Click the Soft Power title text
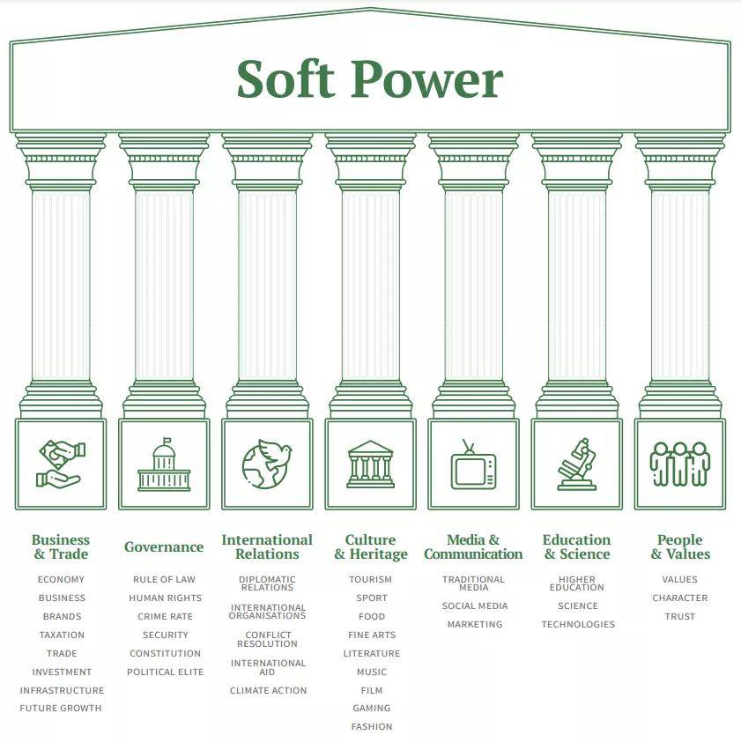(x=369, y=78)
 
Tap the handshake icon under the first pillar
(x=61, y=464)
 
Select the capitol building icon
(x=164, y=464)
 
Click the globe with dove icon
(x=267, y=464)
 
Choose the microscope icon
(x=576, y=464)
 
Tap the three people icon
(x=680, y=464)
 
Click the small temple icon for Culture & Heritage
(x=370, y=464)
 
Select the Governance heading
(x=164, y=546)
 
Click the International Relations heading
(x=267, y=546)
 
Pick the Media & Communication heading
(x=473, y=546)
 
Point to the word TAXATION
(x=62, y=635)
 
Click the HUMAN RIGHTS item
(x=166, y=598)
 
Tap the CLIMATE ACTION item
(x=268, y=690)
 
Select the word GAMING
(x=372, y=708)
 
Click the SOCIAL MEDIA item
(x=475, y=606)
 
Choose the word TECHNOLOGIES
(x=578, y=625)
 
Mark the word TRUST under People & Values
(x=680, y=616)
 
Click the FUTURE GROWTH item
(x=61, y=708)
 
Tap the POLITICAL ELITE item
(x=166, y=672)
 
